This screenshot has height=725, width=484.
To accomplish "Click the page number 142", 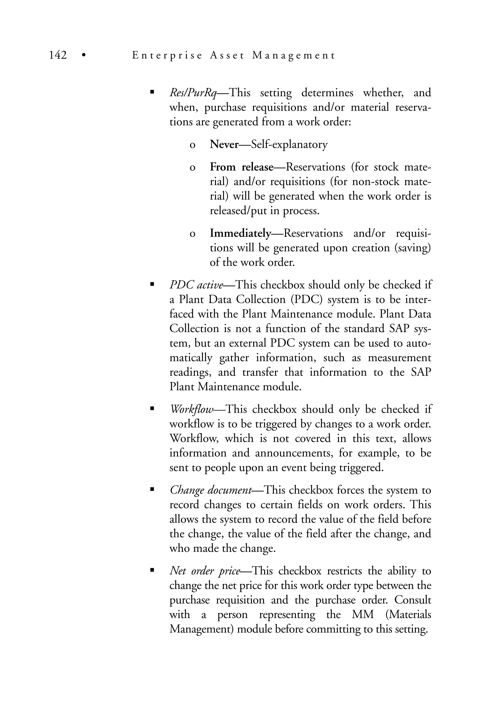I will tap(58, 55).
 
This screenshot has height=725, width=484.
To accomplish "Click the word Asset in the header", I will tap(227, 55).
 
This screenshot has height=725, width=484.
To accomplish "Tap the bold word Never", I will tap(224, 144).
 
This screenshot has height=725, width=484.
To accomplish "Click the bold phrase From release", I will tap(241, 167).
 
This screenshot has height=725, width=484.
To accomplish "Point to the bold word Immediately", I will tap(240, 233).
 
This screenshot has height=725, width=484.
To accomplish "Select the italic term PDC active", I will tap(196, 285).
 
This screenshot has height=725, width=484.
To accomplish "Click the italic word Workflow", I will tap(191, 409).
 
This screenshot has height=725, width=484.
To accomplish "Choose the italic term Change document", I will tap(211, 490).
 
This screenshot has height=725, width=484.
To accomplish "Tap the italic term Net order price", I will tap(205, 571).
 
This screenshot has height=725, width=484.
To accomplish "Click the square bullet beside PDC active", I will tap(151, 285).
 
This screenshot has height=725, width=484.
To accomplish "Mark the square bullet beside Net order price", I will tap(151, 571).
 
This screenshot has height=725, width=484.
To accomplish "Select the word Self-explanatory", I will tap(289, 144).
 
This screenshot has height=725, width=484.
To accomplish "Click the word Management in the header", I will tap(293, 55).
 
